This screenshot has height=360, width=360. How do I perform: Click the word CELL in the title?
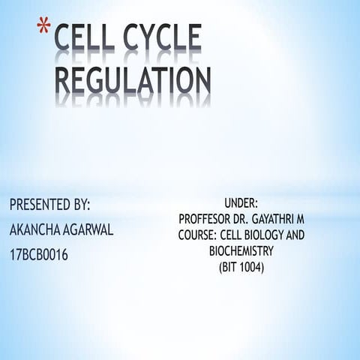tap(90, 41)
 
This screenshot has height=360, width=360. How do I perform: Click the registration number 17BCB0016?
tap(39, 256)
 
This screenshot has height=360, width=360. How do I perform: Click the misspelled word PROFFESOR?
tap(207, 218)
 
